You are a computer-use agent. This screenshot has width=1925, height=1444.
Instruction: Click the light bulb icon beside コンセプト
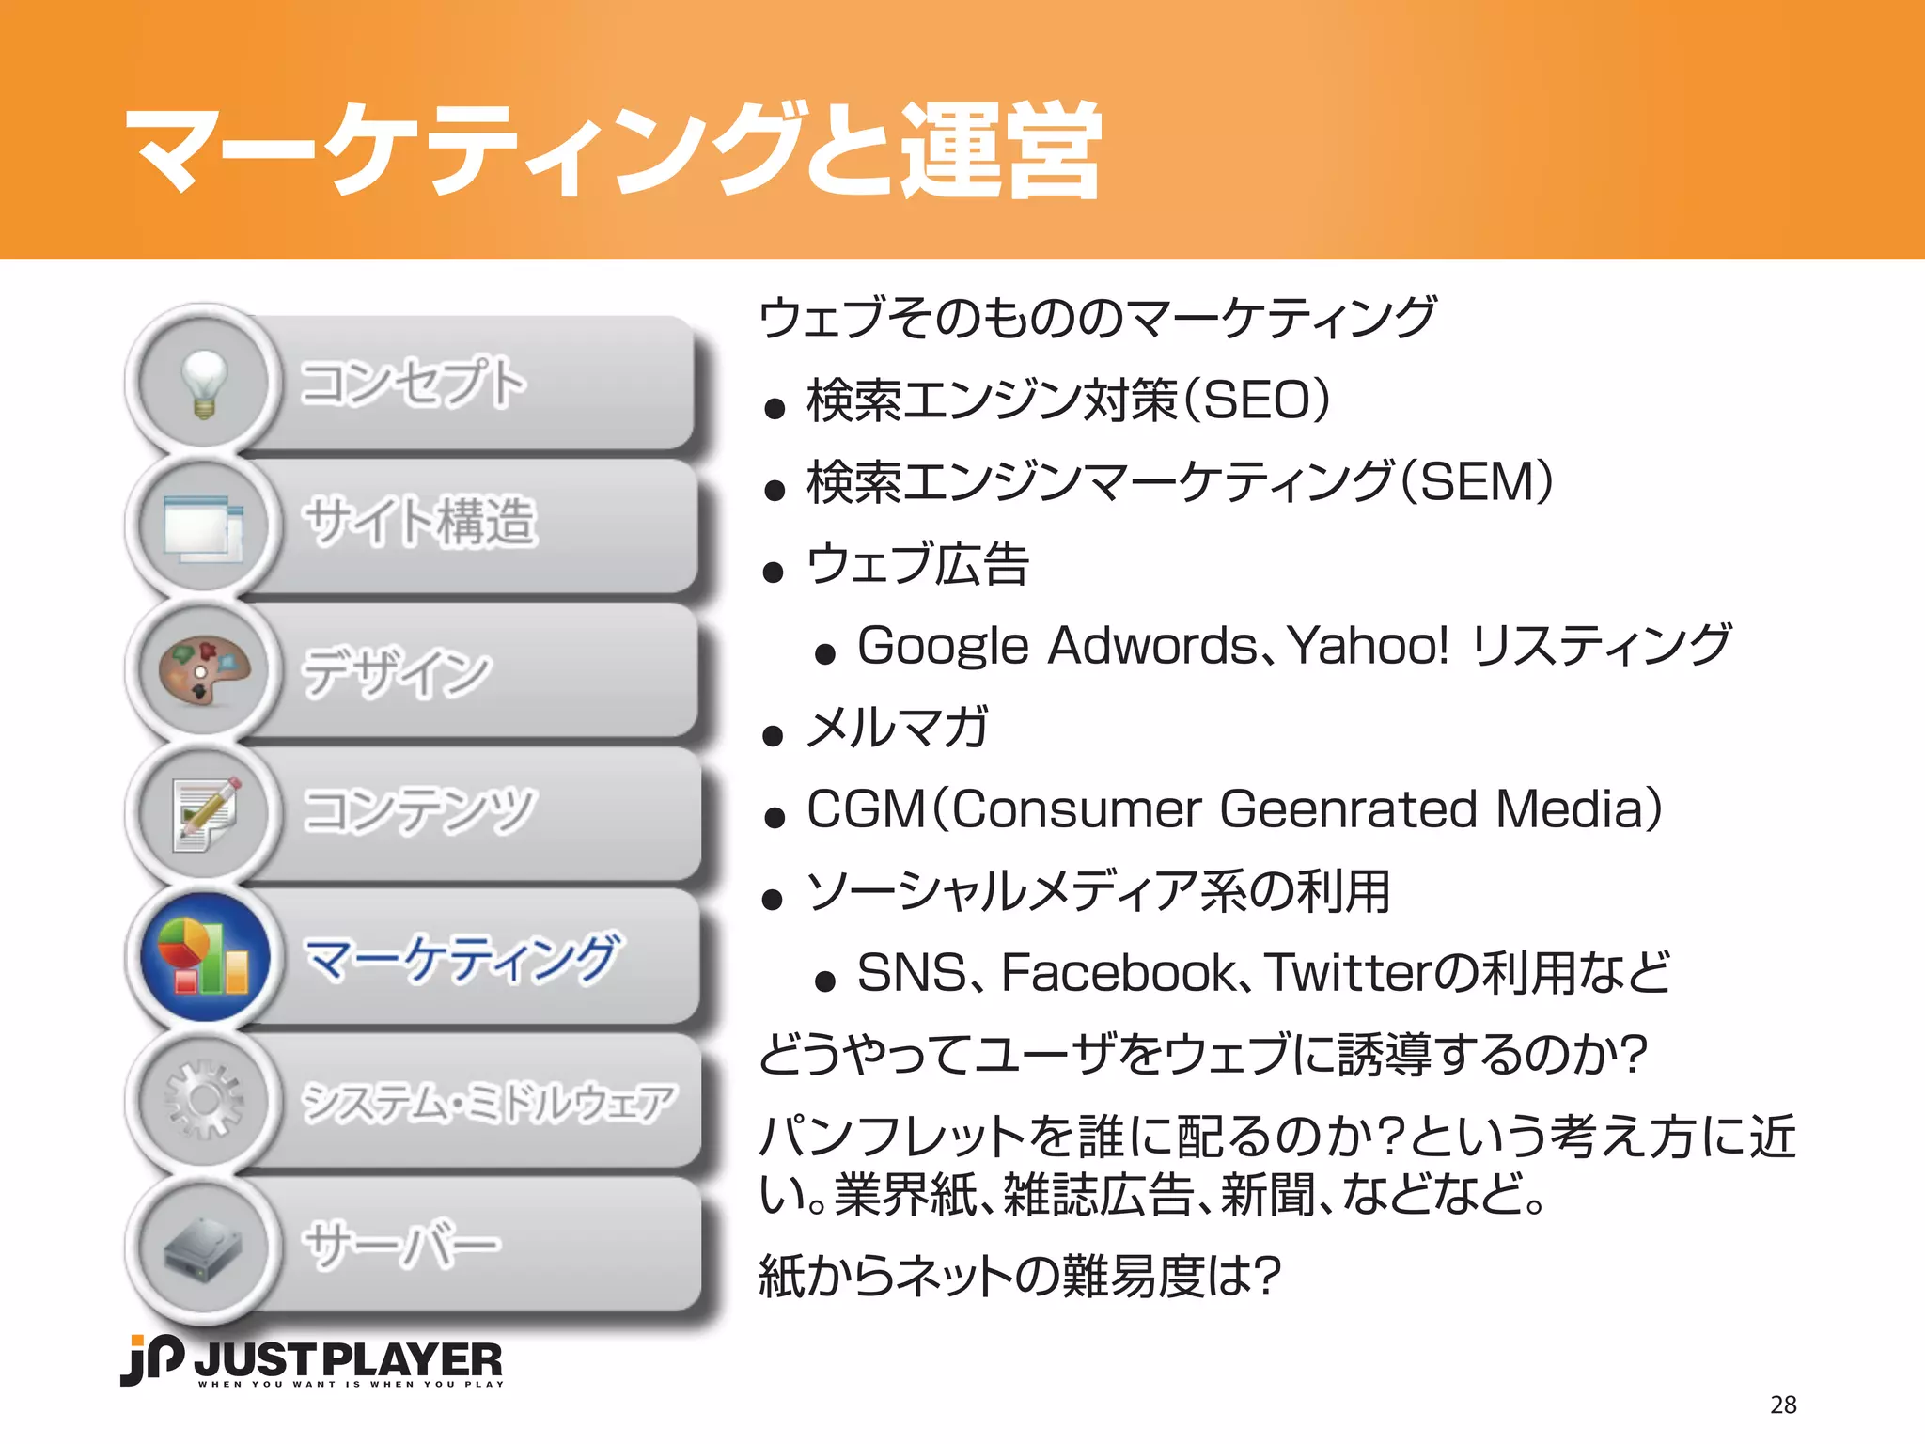point(204,383)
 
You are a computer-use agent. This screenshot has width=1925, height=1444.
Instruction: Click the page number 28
point(1782,1405)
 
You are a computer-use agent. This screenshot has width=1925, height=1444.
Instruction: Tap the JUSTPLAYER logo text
point(348,1360)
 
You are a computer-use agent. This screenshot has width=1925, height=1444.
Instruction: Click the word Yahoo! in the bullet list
point(1368,646)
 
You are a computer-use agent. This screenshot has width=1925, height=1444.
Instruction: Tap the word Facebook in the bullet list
point(1119,973)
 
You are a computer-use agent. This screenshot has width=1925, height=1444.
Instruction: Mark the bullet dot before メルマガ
point(774,735)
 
